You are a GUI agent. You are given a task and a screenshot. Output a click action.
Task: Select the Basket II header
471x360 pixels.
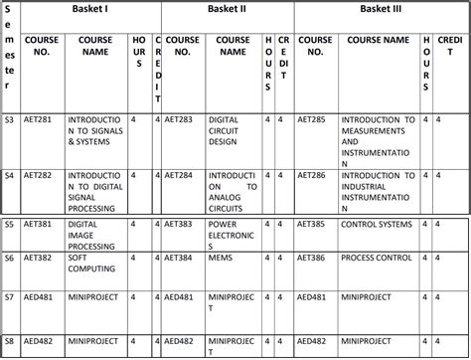(x=227, y=10)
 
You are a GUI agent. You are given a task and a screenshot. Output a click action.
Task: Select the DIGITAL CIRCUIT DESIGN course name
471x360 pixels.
(x=230, y=129)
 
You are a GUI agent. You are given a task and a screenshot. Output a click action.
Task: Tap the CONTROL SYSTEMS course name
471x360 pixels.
(x=376, y=225)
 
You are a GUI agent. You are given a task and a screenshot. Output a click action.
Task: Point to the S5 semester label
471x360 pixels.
(x=9, y=225)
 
